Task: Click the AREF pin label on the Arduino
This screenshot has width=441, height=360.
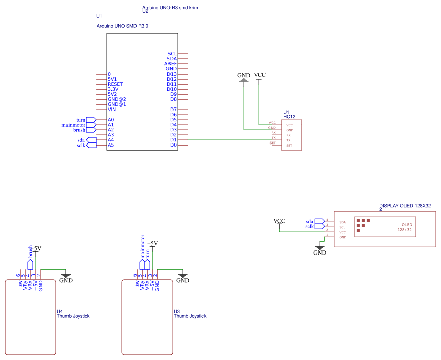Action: [x=171, y=64]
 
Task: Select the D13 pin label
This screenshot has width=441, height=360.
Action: [x=172, y=74]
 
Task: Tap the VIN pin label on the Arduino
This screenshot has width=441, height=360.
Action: [x=111, y=110]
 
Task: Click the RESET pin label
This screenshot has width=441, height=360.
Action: [x=115, y=84]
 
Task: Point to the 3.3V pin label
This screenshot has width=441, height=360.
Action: [x=113, y=89]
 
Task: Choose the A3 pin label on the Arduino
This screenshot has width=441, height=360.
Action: [x=111, y=135]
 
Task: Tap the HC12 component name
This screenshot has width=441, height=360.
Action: [x=290, y=117]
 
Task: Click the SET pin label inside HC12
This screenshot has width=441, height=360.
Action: [x=289, y=146]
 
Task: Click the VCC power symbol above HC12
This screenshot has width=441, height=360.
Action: [x=260, y=76]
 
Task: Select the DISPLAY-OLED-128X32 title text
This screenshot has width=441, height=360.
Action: [x=405, y=206]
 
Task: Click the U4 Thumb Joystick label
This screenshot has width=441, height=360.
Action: [x=73, y=314]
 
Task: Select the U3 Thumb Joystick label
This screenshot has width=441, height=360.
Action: [x=190, y=314]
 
